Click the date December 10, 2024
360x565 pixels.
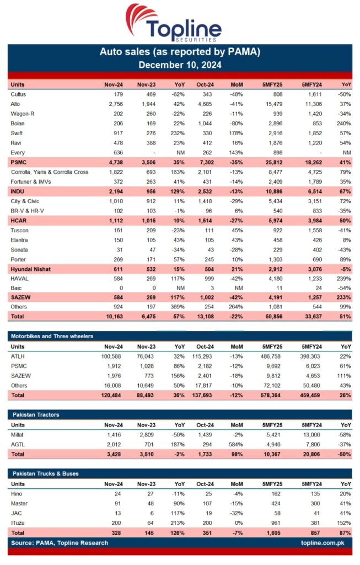coord(180,65)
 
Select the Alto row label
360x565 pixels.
coord(15,104)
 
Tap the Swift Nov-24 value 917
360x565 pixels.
coord(117,133)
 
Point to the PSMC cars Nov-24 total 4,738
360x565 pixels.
coord(114,162)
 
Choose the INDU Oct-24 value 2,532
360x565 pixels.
coord(205,191)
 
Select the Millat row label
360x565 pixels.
coord(17,434)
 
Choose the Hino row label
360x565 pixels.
coord(16,494)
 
